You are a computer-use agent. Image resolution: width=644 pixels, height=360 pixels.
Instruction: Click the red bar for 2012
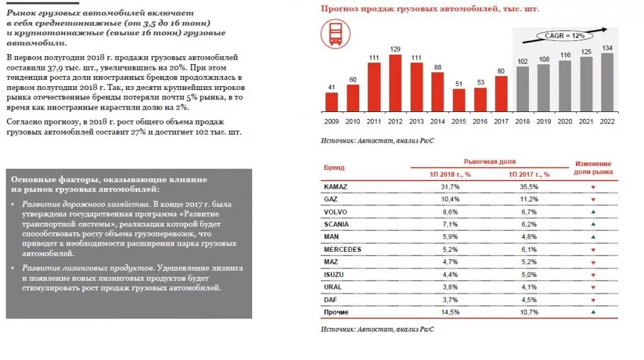point(396,83)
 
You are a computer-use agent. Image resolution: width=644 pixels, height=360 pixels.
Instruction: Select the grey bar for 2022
point(608,82)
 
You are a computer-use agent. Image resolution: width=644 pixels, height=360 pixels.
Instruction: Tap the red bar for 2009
point(331,102)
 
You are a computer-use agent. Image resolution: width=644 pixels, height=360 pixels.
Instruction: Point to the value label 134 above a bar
point(608,48)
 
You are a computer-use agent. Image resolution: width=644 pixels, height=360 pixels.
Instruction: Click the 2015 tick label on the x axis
point(459,121)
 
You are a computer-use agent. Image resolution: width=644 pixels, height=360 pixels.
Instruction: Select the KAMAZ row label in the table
point(335,186)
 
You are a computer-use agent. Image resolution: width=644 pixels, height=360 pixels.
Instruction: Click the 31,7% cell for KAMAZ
point(450,187)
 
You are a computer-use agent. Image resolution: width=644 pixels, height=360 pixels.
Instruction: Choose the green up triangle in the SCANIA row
point(592,224)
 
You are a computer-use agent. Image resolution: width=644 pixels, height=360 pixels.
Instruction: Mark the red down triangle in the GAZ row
point(592,200)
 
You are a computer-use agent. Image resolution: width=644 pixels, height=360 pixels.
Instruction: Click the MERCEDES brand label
point(343,249)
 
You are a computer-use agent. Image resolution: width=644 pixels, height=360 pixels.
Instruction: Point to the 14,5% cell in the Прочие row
point(450,312)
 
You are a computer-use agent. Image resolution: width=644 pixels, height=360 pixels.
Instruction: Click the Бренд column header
point(334,168)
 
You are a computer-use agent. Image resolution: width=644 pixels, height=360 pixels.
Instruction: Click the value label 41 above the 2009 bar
point(331,87)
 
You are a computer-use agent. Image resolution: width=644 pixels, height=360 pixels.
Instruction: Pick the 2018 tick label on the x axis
point(523,121)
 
